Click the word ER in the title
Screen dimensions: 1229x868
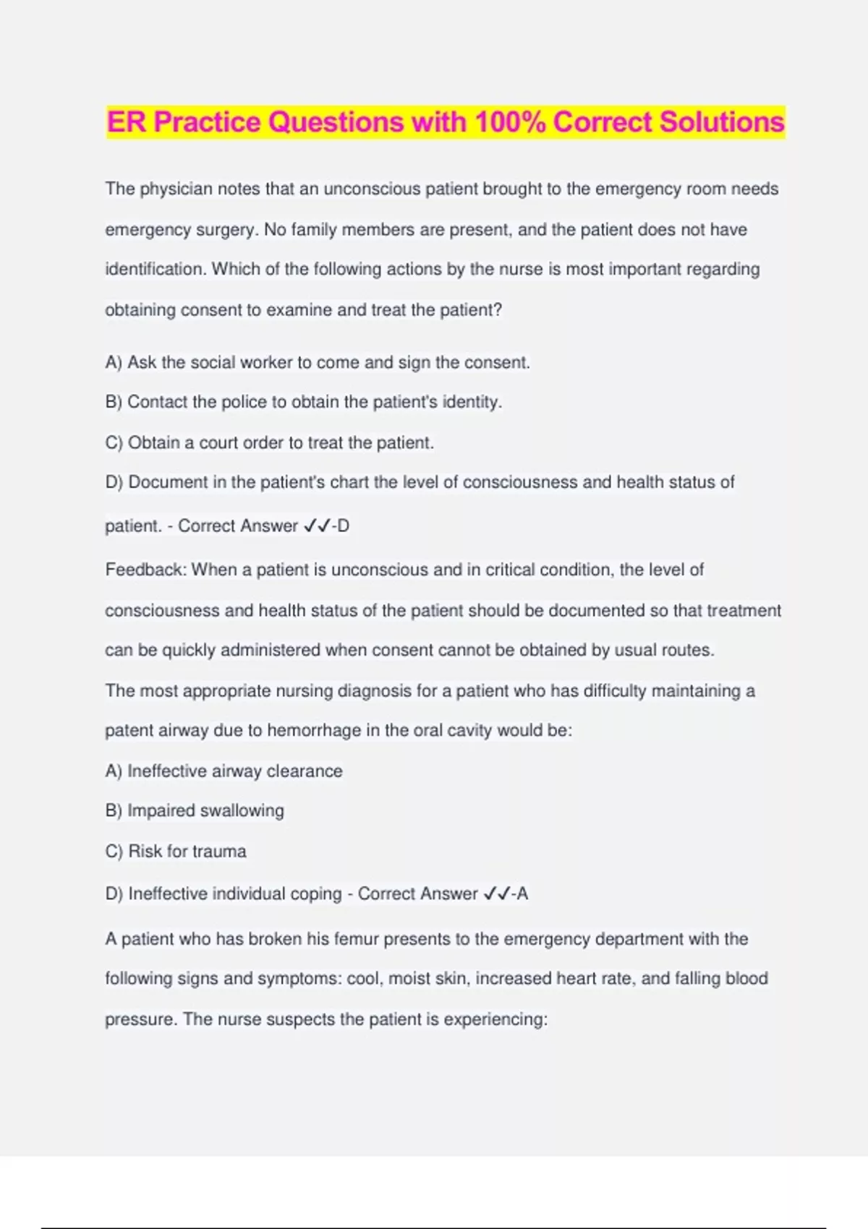(x=127, y=122)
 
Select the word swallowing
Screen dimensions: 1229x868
(x=242, y=810)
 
